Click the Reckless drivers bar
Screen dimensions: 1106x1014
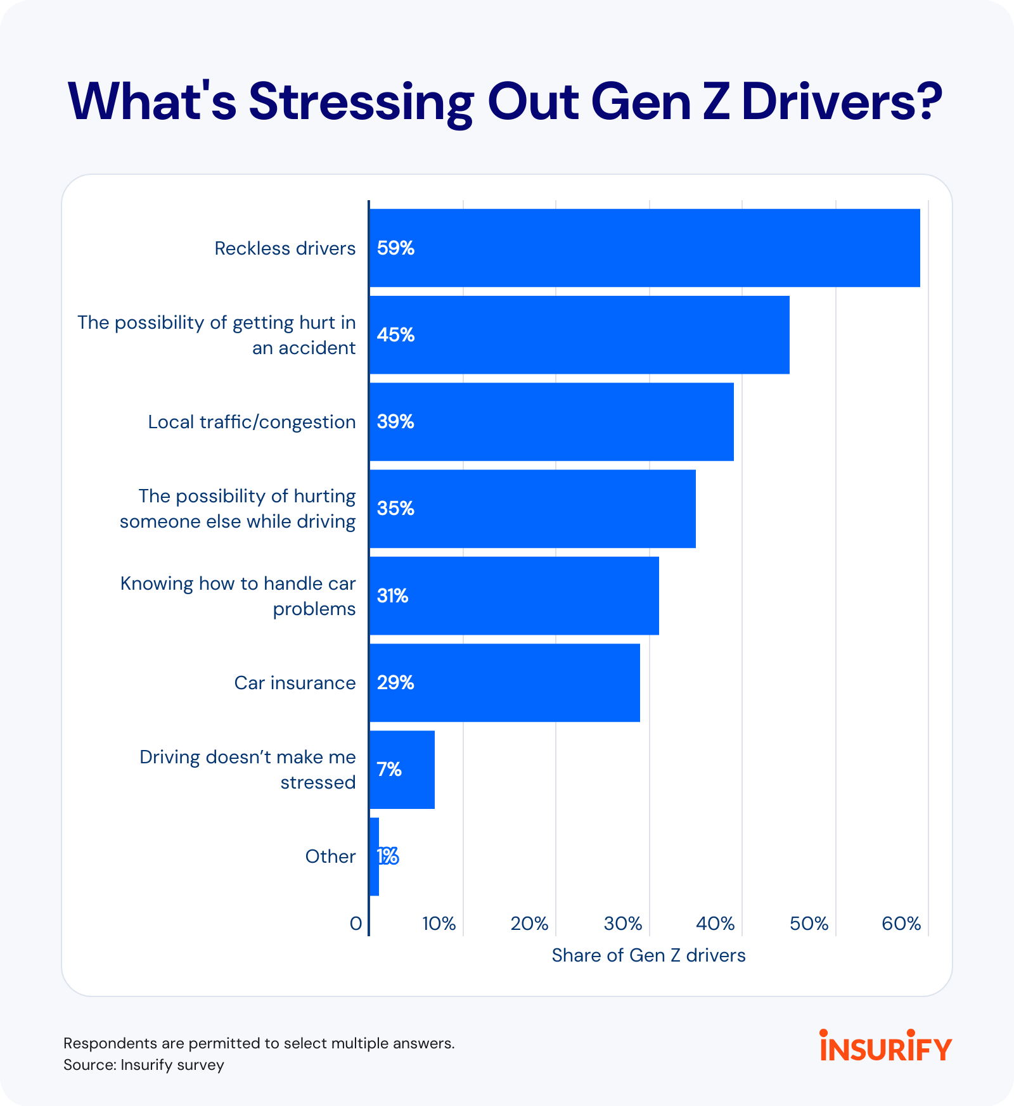click(644, 248)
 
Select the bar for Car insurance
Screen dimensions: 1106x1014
click(504, 683)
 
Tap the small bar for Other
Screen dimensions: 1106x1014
click(374, 856)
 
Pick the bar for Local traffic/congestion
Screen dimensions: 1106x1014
click(551, 422)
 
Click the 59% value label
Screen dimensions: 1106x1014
click(395, 248)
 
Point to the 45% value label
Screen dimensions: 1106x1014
click(395, 335)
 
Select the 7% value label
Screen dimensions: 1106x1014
click(389, 770)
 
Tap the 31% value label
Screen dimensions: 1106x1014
click(392, 596)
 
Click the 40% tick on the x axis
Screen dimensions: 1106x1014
click(716, 924)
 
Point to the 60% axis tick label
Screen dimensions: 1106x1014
click(901, 924)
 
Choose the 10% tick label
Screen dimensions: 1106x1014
click(439, 924)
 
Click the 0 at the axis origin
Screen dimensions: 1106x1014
click(356, 924)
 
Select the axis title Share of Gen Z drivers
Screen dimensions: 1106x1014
click(648, 955)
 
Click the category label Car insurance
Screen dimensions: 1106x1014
click(295, 683)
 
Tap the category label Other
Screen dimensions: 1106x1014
click(330, 856)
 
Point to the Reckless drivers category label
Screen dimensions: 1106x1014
click(285, 248)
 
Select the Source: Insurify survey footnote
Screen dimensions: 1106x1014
click(144, 1065)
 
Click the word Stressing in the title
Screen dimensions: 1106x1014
click(361, 103)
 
